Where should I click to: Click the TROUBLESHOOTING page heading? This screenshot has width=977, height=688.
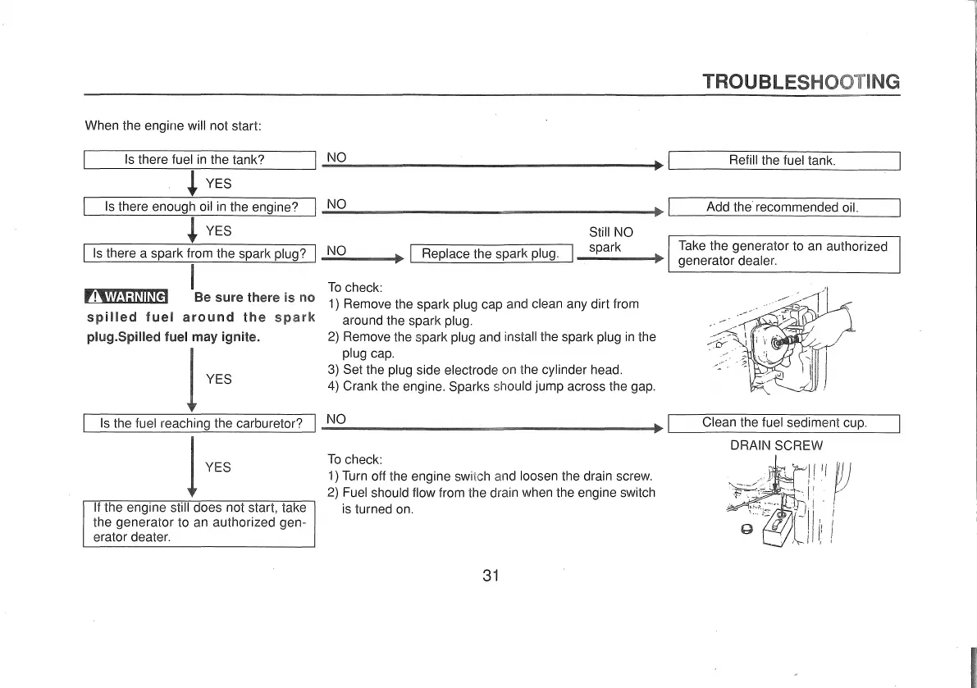801,81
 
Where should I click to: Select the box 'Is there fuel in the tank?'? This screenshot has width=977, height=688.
200,161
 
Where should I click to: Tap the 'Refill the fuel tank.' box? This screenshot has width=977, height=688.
784,161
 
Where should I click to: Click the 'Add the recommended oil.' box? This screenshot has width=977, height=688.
784,207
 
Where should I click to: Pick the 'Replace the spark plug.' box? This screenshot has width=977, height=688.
490,253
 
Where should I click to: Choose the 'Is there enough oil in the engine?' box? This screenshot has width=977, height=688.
200,207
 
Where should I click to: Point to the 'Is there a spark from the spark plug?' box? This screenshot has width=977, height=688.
200,253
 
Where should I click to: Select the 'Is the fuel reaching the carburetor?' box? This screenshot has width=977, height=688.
200,424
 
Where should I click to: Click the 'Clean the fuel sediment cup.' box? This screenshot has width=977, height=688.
784,424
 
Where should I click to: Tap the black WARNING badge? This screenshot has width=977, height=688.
126,297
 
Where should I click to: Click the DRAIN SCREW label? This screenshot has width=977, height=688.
776,446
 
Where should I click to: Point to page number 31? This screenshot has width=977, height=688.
491,575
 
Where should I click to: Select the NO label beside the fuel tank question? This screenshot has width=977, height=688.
337,157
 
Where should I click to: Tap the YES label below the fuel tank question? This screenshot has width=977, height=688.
218,184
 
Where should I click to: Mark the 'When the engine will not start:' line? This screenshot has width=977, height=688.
172,126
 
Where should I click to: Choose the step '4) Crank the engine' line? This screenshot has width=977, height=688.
491,385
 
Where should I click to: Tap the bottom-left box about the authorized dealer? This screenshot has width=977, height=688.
200,522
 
